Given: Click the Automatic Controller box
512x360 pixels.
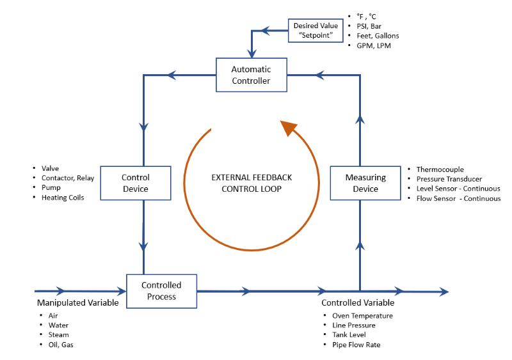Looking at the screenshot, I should pyautogui.click(x=251, y=75).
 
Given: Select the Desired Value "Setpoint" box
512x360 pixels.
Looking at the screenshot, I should pyautogui.click(x=314, y=30).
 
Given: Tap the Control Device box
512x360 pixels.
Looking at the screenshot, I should pyautogui.click(x=135, y=183).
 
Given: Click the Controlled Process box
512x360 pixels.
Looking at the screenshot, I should pyautogui.click(x=161, y=290).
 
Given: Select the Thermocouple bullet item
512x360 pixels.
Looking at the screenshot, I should pyautogui.click(x=440, y=169).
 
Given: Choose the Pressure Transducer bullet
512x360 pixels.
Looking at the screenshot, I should pyautogui.click(x=449, y=179).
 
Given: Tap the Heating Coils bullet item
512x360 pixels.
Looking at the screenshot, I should pyautogui.click(x=62, y=198).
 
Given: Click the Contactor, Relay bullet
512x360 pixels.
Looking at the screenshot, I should pyautogui.click(x=67, y=178).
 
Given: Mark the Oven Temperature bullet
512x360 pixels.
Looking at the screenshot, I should pyautogui.click(x=362, y=316).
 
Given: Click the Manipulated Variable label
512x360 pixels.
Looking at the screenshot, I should pyautogui.click(x=77, y=302).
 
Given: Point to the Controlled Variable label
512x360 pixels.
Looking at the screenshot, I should pyautogui.click(x=358, y=302).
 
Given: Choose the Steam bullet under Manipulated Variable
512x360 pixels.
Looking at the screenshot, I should pyautogui.click(x=58, y=335).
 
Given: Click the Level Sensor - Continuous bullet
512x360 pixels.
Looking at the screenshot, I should pyautogui.click(x=458, y=189).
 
